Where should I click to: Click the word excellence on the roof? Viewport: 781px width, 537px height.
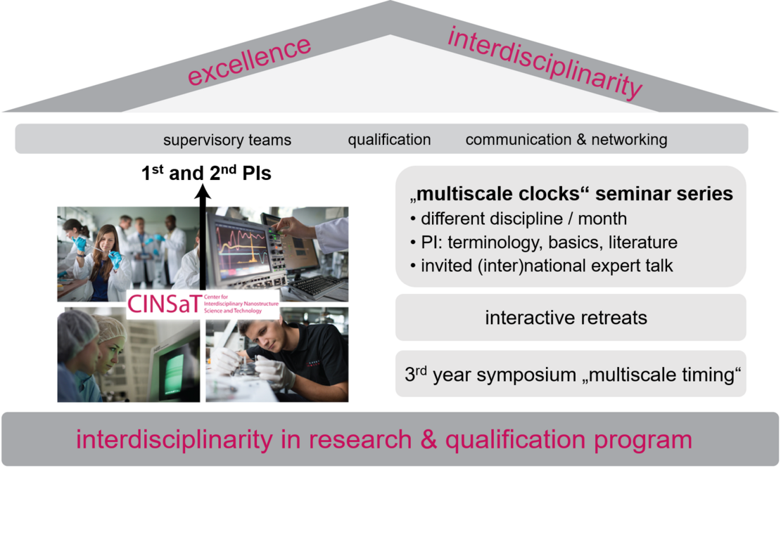249,60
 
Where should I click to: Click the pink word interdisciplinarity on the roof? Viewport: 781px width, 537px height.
545,63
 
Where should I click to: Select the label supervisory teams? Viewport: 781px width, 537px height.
227,140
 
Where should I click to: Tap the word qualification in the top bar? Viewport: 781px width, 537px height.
389,139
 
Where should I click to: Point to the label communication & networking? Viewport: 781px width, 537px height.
566,139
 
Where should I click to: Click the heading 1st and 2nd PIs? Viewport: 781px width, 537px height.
206,173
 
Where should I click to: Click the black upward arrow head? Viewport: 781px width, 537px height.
203,192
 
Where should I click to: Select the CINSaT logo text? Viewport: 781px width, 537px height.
164,303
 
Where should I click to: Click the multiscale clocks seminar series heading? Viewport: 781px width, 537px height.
571,193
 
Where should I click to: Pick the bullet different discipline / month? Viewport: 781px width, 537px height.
519,219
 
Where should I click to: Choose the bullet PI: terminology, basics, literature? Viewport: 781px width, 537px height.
544,242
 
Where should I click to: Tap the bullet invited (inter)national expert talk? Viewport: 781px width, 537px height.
541,265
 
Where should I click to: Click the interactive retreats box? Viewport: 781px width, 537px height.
571,318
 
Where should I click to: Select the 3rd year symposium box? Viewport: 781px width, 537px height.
571,374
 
